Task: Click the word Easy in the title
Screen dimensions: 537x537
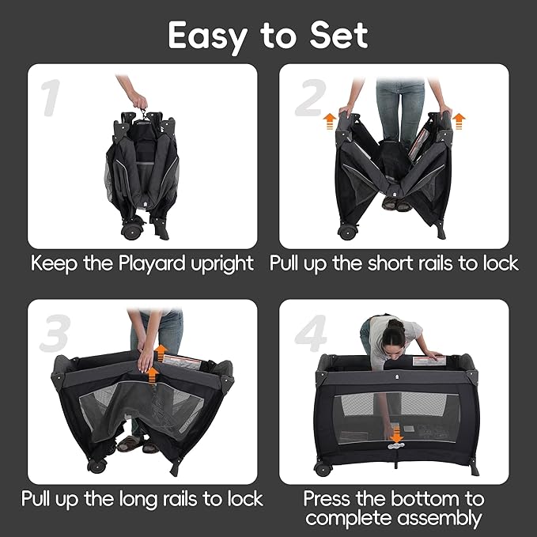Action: (x=207, y=36)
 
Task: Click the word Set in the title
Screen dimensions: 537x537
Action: (x=338, y=36)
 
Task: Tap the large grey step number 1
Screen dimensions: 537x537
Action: (x=51, y=97)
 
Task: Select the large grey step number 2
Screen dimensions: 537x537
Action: (x=311, y=97)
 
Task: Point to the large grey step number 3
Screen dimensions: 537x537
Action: (x=55, y=333)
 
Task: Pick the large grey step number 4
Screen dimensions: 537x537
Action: (x=311, y=333)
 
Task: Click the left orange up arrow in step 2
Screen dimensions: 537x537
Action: (x=330, y=122)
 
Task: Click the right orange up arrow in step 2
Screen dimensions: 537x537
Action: (x=459, y=122)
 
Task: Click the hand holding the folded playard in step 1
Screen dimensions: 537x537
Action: (x=139, y=100)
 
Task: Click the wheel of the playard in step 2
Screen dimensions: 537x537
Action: (x=347, y=233)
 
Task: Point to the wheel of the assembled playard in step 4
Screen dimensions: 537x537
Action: (x=323, y=468)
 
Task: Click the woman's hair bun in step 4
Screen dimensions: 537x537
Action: (x=396, y=324)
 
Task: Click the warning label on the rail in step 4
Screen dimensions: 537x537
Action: (x=429, y=361)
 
